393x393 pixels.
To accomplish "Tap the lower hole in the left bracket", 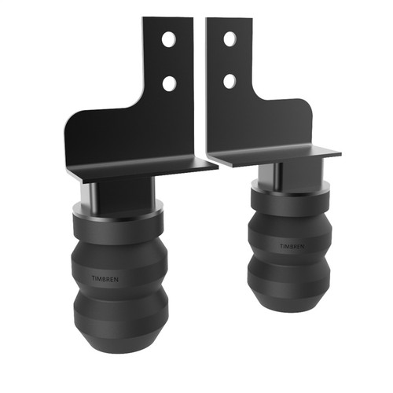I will point(168,81).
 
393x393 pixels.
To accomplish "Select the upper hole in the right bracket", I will point(229,38).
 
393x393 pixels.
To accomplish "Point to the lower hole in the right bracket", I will point(229,80).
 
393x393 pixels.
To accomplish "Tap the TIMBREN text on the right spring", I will point(293,246).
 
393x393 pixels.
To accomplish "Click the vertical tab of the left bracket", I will point(169,63).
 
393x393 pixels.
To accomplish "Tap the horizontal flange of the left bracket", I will point(141,167).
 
